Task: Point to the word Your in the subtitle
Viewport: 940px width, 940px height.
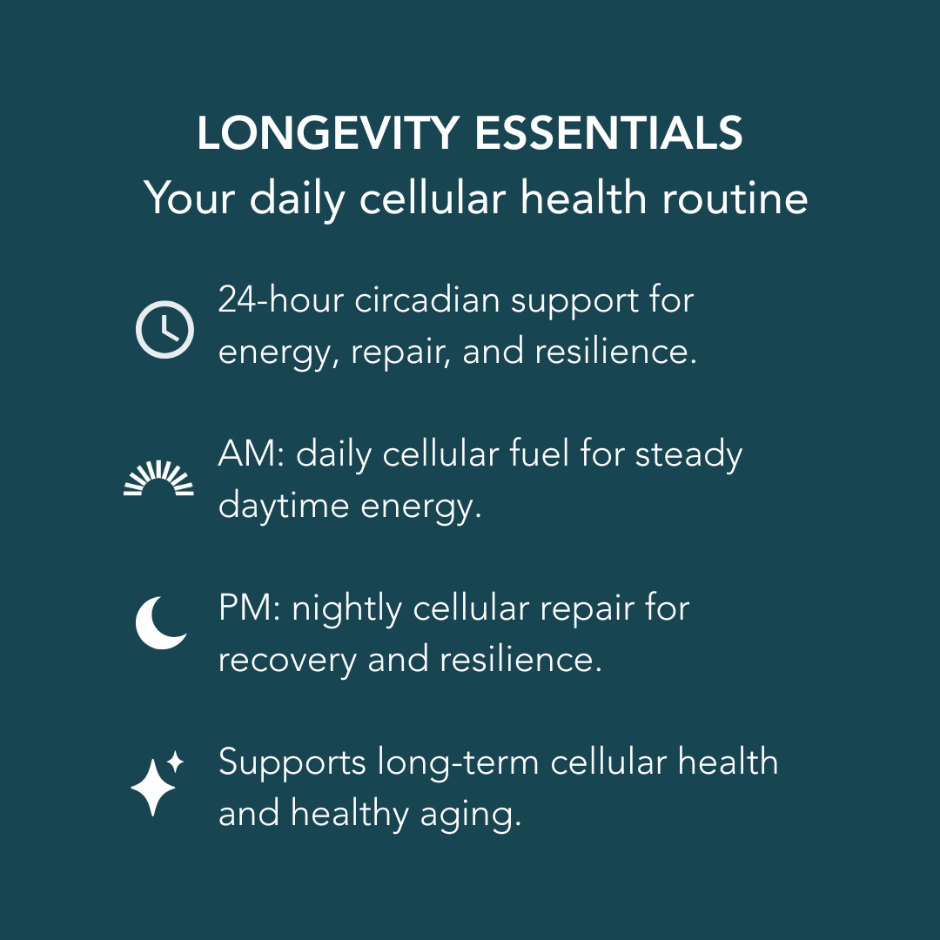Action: (190, 198)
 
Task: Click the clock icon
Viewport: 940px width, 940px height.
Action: (164, 330)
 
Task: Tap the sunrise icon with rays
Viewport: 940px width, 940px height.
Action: (158, 480)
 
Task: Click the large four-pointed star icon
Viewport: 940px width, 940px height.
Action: (152, 787)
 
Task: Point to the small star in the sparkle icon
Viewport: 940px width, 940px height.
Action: (176, 762)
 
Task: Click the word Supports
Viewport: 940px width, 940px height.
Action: (292, 763)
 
